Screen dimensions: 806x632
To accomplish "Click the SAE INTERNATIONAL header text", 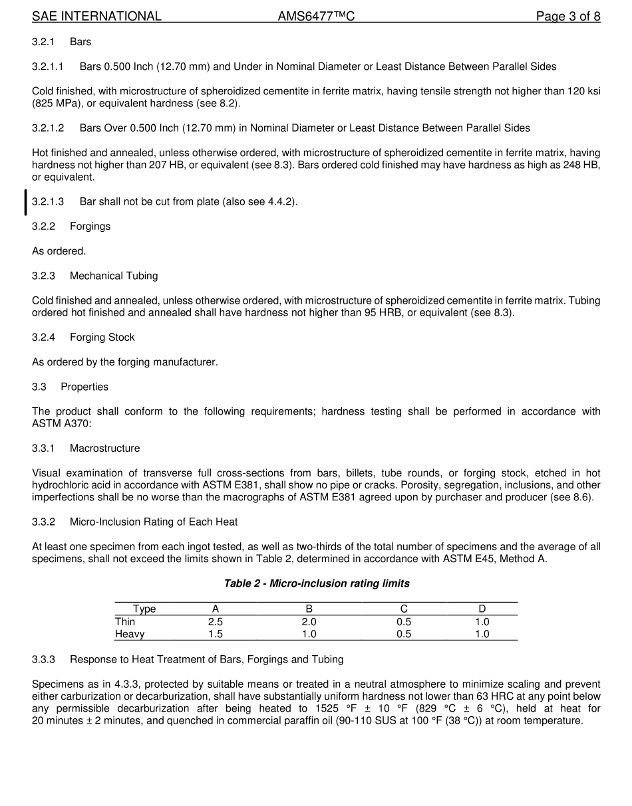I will point(96,17).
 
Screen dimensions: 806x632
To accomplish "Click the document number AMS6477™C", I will point(316,17).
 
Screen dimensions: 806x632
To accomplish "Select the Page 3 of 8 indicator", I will point(568,17).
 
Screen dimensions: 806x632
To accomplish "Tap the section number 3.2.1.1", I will point(48,66).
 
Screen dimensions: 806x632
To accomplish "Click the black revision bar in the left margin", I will point(26,202).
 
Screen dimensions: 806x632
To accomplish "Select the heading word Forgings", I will point(90,227).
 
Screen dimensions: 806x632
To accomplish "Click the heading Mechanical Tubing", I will point(114,276).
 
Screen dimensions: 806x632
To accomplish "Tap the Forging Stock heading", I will point(102,338).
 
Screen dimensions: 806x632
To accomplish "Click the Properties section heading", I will point(84,387).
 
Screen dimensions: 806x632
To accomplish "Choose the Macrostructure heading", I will point(104,449).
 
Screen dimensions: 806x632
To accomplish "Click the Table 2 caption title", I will point(316,583).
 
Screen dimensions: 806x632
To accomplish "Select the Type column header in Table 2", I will point(144,609).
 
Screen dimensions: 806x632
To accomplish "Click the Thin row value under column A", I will point(215,622).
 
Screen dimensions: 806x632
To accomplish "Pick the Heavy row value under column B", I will point(309,635).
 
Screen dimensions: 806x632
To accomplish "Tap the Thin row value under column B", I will point(309,622).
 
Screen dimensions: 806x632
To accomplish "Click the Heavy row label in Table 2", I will point(130,635).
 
